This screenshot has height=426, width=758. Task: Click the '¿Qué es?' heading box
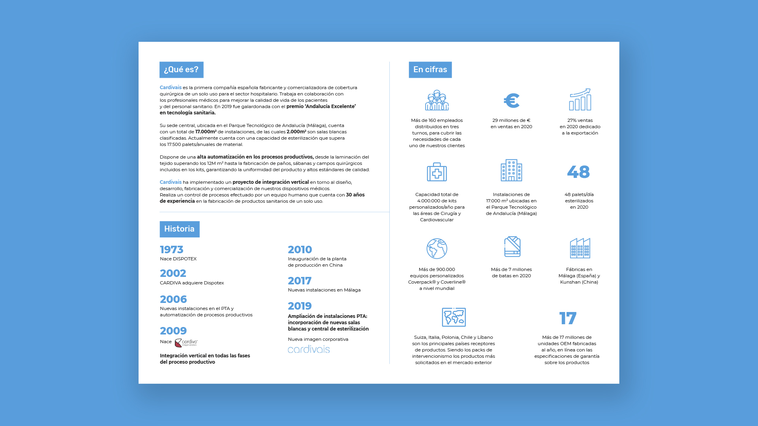(181, 70)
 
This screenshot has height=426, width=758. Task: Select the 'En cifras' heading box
(430, 70)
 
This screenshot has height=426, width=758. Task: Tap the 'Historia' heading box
(179, 229)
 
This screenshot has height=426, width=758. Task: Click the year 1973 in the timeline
(172, 250)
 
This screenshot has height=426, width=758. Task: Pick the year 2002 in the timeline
(173, 273)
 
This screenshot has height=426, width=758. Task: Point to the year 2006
(173, 299)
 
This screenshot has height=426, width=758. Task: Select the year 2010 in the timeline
(300, 250)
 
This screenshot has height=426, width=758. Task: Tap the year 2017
(300, 281)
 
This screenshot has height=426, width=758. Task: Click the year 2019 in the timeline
(300, 306)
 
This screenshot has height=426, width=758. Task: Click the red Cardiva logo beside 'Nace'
(186, 343)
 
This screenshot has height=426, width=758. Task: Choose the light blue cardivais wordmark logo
(309, 349)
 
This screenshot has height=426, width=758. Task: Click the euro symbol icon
(512, 101)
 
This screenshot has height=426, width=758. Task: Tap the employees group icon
(437, 100)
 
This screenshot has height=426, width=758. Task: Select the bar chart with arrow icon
(580, 99)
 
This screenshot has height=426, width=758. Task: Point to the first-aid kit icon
(437, 172)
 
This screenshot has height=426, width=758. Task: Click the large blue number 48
(578, 172)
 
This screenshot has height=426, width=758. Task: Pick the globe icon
(437, 248)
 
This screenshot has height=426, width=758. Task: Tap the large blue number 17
(568, 318)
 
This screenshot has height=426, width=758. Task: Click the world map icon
(454, 317)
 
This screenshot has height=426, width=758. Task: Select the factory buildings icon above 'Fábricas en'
(580, 248)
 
